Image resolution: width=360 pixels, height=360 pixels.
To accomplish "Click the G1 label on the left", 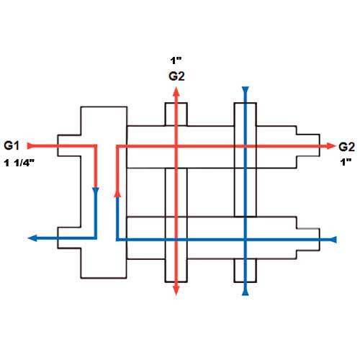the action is (x=12, y=145).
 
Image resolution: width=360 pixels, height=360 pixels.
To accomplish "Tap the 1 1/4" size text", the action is (x=19, y=163).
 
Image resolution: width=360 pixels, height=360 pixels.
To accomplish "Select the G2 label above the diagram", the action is (x=176, y=76).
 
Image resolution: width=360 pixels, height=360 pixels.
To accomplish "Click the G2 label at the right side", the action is (x=346, y=147).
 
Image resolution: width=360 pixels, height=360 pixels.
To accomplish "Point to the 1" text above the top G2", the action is (x=176, y=60).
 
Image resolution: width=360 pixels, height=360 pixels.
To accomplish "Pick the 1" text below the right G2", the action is (x=346, y=163).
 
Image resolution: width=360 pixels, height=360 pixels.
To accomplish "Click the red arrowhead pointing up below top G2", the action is (x=176, y=91).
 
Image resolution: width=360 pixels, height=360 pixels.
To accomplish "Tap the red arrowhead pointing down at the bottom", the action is (x=176, y=291).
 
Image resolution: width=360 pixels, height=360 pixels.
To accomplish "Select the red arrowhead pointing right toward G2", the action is (x=330, y=146).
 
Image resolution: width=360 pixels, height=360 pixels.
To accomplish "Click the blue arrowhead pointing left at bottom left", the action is (x=32, y=238).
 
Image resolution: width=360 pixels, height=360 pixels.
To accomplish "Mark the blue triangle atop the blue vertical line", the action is (x=246, y=90).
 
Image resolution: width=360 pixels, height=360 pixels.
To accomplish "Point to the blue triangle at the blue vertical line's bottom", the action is (x=246, y=292).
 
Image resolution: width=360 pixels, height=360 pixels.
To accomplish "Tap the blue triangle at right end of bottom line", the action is (x=333, y=240).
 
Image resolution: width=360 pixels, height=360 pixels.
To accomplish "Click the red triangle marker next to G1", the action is (x=30, y=146).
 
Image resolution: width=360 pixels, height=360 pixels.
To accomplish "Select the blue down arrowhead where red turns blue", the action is (x=96, y=192).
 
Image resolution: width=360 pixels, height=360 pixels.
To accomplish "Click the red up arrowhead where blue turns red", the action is (x=117, y=193).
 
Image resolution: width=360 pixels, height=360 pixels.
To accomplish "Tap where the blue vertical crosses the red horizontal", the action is (x=246, y=146).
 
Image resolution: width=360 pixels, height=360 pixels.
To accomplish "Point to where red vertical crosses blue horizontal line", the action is (x=176, y=240).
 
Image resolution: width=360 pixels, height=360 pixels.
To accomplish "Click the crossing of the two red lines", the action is (x=176, y=146).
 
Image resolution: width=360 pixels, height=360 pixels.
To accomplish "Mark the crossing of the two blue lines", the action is (x=246, y=240).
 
